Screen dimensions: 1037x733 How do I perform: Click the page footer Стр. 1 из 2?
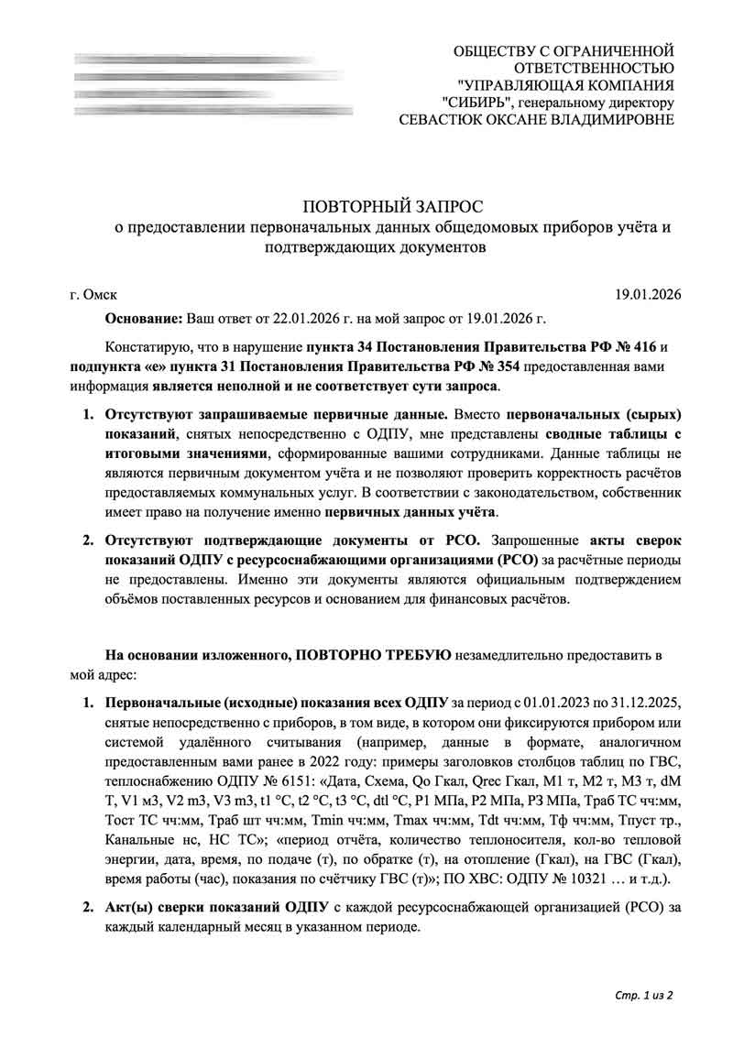pos(642,996)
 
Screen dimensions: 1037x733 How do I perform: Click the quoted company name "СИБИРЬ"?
pos(474,102)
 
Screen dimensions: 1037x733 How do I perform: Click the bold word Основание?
pos(145,320)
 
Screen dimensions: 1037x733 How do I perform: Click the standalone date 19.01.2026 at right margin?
pos(648,295)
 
